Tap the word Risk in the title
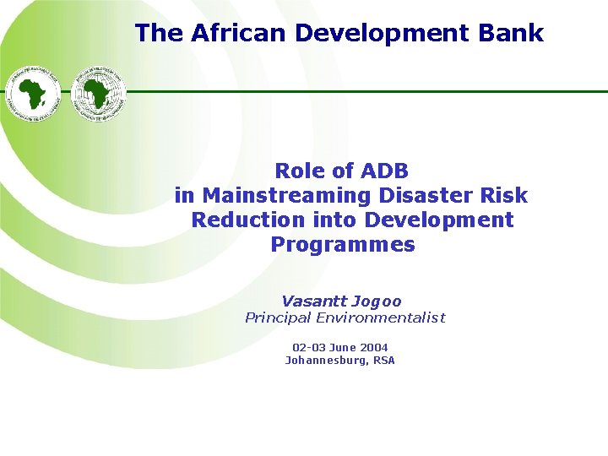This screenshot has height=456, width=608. point(504,196)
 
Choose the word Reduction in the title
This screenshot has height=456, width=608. point(247,220)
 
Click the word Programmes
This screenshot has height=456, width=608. point(343,245)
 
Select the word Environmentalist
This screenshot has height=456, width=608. point(385,318)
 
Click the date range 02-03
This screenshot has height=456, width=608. point(307,347)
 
